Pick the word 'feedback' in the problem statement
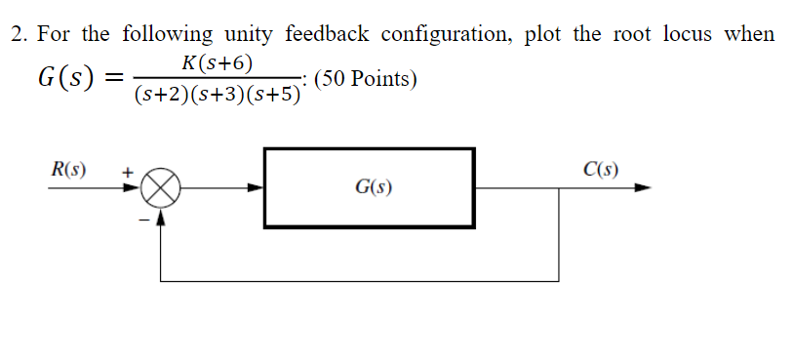[x=327, y=35]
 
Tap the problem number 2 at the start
[x=16, y=35]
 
